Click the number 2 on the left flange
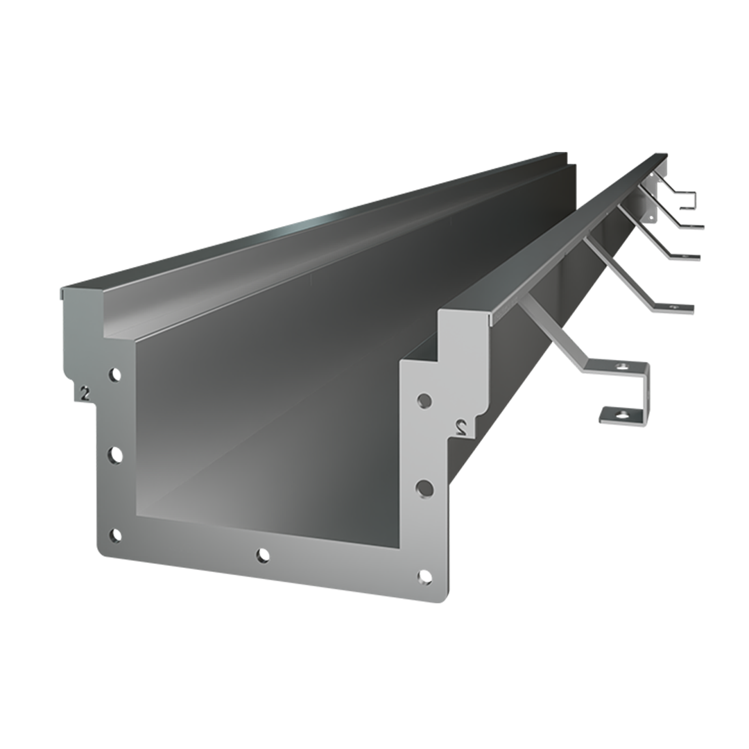[85, 394]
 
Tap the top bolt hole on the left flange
[114, 375]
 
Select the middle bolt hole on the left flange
[114, 455]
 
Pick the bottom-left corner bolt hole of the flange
[114, 536]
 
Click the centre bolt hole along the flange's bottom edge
[261, 556]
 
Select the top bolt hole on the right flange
[424, 401]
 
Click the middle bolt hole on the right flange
[424, 489]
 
